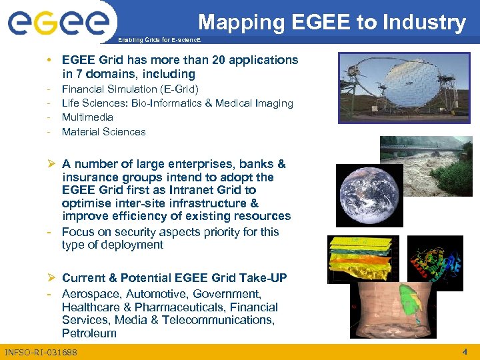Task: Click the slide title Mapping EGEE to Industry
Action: (331, 22)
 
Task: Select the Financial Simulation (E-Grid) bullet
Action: (130, 89)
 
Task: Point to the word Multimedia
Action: (87, 117)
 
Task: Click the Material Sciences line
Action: (103, 132)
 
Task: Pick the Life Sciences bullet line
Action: (177, 103)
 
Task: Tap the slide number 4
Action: (464, 351)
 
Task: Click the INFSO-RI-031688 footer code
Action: (41, 352)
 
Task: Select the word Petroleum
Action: (89, 333)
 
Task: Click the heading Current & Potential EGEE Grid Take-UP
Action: (175, 278)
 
